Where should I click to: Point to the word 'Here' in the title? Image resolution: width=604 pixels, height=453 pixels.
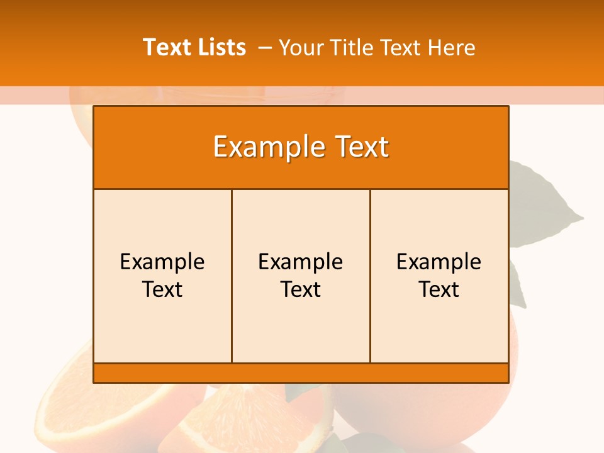pos(451,47)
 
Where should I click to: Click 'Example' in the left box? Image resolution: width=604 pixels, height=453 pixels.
pos(162,262)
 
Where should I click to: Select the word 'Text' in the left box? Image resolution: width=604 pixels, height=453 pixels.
pos(162,289)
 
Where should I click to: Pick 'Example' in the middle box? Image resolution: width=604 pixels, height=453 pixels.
pos(301,262)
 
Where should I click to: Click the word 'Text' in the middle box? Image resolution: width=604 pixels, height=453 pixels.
pos(301,289)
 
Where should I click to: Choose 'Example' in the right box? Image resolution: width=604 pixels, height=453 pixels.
pos(439,262)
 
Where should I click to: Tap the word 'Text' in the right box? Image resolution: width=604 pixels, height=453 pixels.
pos(439,289)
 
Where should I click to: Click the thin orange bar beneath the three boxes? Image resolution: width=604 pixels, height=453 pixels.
pos(301,373)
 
